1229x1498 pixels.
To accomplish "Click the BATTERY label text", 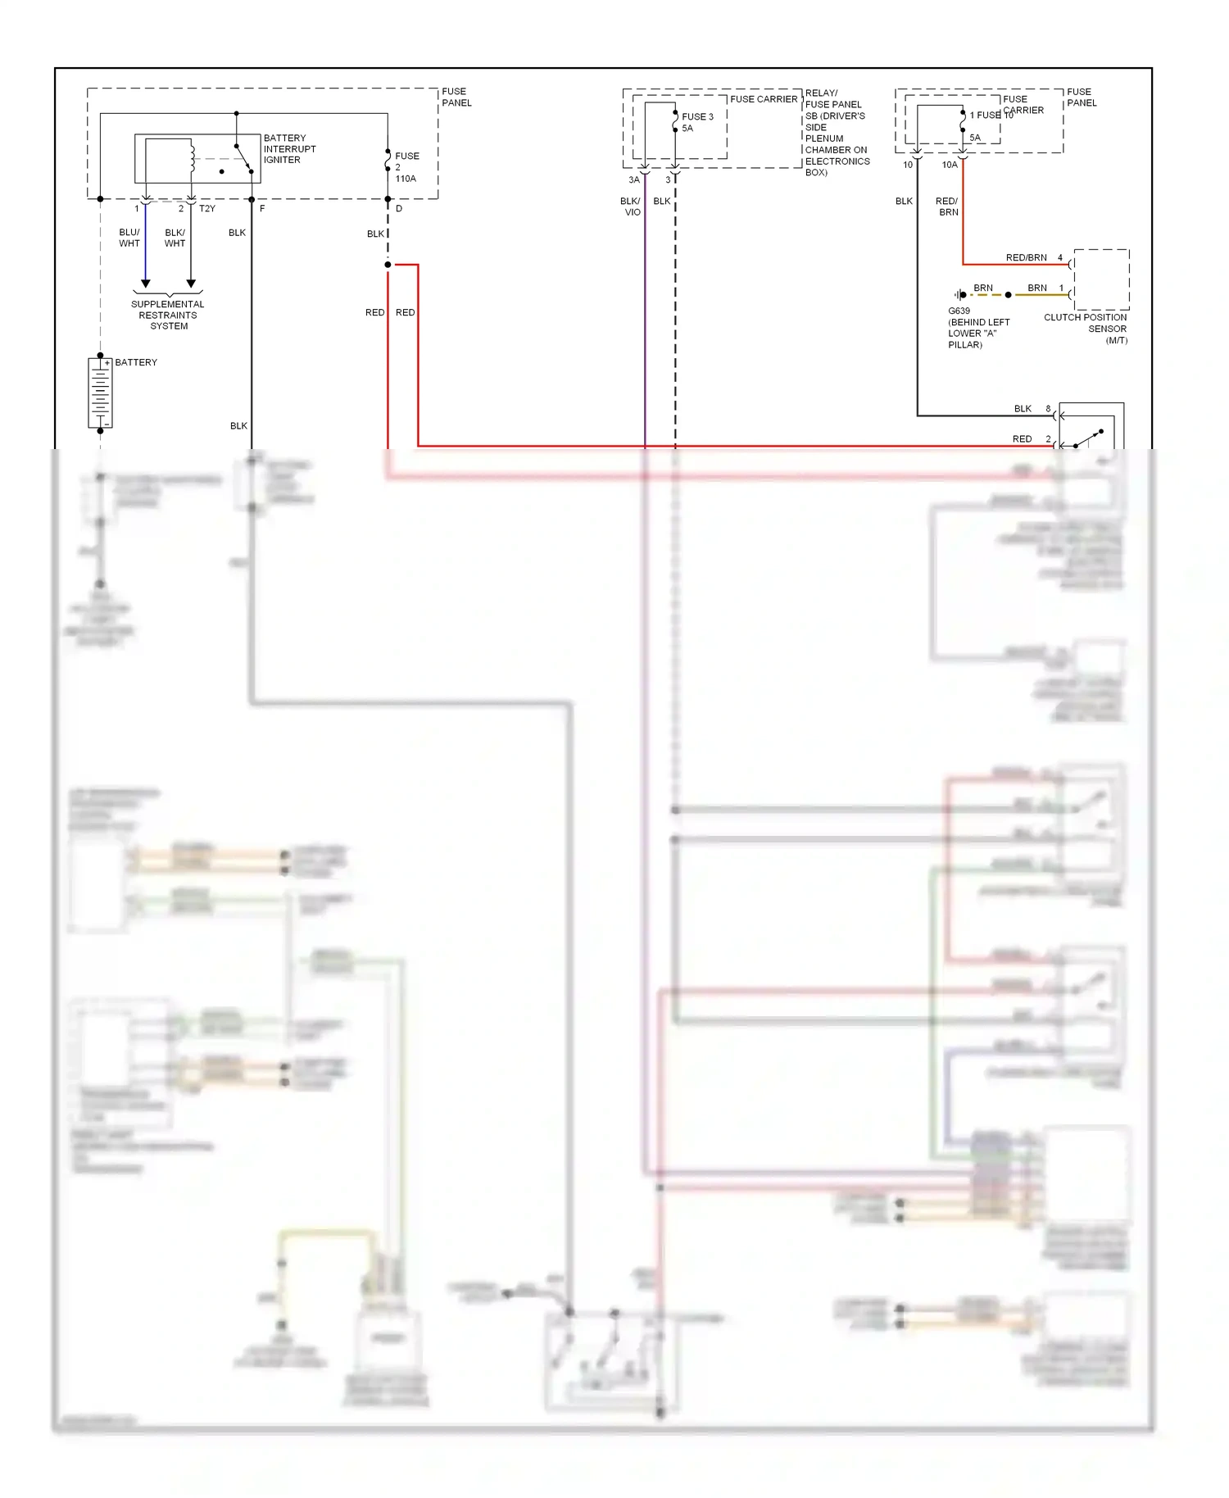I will (x=136, y=362).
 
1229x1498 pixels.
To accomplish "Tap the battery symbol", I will (x=100, y=393).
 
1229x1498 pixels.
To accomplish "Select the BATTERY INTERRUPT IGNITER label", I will (x=289, y=149).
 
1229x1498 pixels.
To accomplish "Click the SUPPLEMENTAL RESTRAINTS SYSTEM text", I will (x=168, y=315).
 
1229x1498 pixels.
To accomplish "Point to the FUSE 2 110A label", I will (x=406, y=167).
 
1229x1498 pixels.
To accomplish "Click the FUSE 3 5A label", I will (x=696, y=123).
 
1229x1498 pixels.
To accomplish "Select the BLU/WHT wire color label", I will (x=129, y=238).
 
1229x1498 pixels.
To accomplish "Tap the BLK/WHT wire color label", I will (x=175, y=238).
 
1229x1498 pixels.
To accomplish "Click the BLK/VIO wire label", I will (x=631, y=207).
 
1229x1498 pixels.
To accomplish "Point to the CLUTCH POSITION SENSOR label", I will (x=1086, y=329).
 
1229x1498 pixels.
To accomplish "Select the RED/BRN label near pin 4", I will (x=1026, y=257).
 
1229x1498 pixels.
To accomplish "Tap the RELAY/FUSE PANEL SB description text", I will (x=836, y=133).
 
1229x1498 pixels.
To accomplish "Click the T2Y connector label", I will (x=207, y=209).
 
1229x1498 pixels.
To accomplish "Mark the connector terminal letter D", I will (x=399, y=209).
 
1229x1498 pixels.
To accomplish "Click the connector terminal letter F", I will (x=262, y=209).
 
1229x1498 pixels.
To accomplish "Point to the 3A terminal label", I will (x=634, y=180).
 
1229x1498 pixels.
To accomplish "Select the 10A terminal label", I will (x=950, y=166).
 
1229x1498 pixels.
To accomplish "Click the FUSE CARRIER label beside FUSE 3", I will (x=764, y=99).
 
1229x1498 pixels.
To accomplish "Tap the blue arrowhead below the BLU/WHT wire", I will (x=146, y=284).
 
